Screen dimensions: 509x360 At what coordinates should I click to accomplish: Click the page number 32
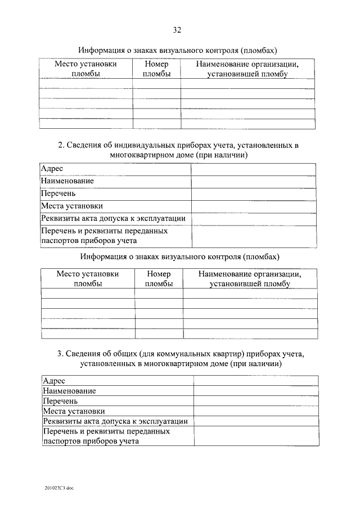177,30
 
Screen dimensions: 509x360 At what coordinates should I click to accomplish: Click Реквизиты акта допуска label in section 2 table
113,218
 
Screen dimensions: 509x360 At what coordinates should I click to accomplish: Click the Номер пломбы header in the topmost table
156,69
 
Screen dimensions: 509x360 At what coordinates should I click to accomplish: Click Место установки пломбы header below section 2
88,279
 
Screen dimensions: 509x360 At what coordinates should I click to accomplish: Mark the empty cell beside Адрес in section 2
253,169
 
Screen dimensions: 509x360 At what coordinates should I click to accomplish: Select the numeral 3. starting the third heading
60,354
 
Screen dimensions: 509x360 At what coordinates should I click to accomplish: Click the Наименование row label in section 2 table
67,181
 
